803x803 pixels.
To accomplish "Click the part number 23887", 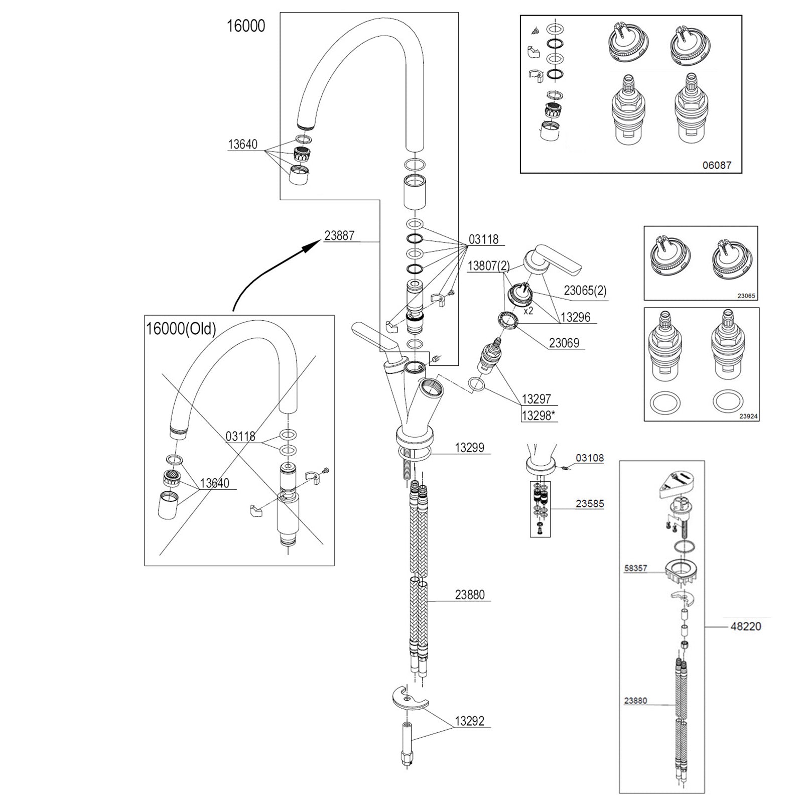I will (x=339, y=235).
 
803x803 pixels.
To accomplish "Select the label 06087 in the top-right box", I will (x=717, y=165).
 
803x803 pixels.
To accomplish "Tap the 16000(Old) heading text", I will (x=181, y=329).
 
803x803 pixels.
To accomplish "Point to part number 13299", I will (x=469, y=448).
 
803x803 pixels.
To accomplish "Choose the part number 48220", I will (x=745, y=626).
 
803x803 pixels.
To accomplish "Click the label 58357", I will (x=635, y=569).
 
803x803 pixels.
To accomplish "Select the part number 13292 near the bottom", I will (x=469, y=721).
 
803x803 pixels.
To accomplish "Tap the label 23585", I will (x=590, y=503).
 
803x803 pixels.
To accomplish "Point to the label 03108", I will (x=590, y=458).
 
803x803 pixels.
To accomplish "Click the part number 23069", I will (x=564, y=343).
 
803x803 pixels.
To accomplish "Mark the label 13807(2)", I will (x=488, y=265).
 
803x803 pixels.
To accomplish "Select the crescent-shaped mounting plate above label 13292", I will (x=409, y=699).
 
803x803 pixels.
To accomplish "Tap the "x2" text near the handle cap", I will (x=528, y=311).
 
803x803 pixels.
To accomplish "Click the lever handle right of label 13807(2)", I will (x=552, y=258).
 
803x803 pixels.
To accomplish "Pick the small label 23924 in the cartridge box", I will (x=748, y=416).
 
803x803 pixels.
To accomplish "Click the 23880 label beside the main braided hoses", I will (x=470, y=595).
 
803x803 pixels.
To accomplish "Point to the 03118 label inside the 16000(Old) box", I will (x=240, y=437).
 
